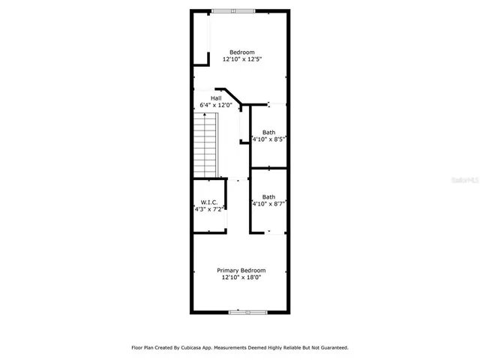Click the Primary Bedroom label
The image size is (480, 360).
(241, 270)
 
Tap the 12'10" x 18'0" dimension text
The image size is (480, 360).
(241, 277)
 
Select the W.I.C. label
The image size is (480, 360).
(208, 202)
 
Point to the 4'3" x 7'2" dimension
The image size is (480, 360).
(209, 210)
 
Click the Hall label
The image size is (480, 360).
(216, 98)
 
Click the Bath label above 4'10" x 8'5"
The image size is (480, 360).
(268, 133)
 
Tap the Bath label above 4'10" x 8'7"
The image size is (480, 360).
(268, 196)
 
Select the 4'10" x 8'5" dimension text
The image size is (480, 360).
(270, 139)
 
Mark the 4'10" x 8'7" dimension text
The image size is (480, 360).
(270, 203)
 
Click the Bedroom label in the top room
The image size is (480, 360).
(241, 52)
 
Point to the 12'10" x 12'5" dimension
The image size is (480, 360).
(241, 59)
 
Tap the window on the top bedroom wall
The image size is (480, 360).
(232, 10)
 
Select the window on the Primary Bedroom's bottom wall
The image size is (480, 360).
(247, 312)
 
